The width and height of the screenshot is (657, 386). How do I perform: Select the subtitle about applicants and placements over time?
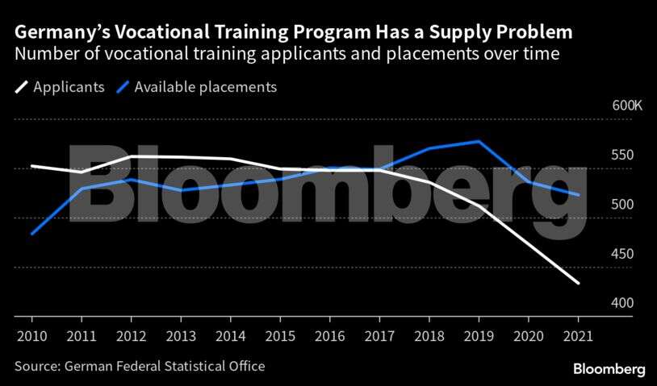coord(287,55)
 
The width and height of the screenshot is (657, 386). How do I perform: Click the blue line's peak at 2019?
coord(479,141)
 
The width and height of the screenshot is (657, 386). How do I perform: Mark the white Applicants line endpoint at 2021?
coord(579,284)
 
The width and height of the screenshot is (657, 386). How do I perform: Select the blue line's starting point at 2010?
coord(31,234)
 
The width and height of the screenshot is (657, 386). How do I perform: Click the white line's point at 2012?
coord(131,156)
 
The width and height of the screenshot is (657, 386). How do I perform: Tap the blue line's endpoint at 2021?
coord(579,195)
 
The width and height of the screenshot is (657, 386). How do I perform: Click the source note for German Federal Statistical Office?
coord(140,367)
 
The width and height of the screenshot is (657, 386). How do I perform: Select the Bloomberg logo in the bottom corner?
coord(609,369)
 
